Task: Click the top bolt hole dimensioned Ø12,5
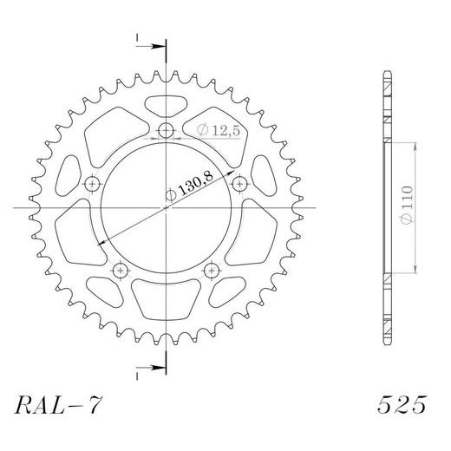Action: pos(166,132)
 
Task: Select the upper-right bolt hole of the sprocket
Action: pos(238,183)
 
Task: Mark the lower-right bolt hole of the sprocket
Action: pos(210,270)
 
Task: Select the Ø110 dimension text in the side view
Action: pos(407,208)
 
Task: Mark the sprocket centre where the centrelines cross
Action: pos(166,208)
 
